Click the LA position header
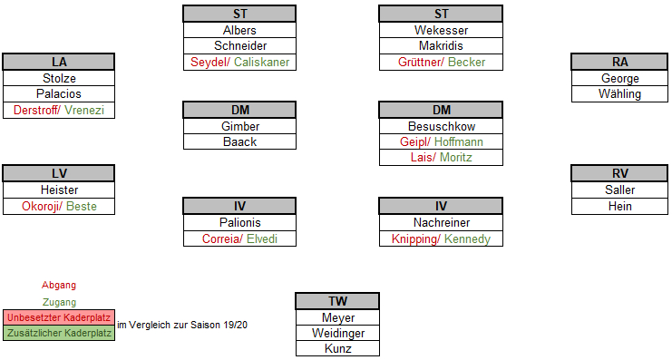(x=59, y=62)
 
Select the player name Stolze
(x=59, y=78)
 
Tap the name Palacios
(x=59, y=94)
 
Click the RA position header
(x=619, y=62)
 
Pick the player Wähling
(x=619, y=94)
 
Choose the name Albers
(x=239, y=30)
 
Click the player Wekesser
(x=442, y=30)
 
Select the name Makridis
(x=442, y=46)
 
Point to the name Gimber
(x=239, y=126)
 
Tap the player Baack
(x=239, y=142)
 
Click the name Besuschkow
(x=442, y=126)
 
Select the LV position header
(x=59, y=174)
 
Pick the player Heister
(x=59, y=190)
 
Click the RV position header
(x=619, y=174)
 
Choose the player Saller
(x=619, y=190)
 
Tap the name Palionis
(x=239, y=223)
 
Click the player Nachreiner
(x=442, y=223)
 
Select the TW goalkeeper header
(x=337, y=302)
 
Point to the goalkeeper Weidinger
(x=337, y=334)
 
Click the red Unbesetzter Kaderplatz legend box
(x=59, y=317)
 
